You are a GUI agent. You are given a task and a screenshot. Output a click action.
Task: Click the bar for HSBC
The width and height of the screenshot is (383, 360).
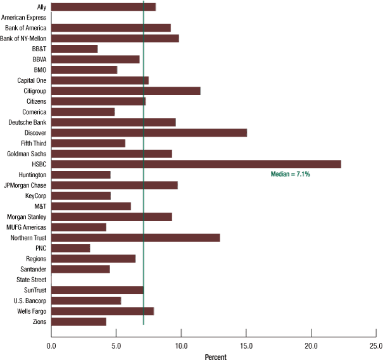click(196, 164)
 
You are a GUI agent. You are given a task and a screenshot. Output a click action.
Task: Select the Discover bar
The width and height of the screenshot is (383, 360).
click(149, 133)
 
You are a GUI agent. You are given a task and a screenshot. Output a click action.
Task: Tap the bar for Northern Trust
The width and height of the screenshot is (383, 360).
click(135, 238)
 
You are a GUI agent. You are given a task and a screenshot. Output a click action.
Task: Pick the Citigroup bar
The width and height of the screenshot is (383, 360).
click(125, 91)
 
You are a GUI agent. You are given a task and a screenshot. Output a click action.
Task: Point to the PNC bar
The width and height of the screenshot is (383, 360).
click(70, 248)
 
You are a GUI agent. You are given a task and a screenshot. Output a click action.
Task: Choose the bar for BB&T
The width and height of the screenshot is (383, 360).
click(74, 49)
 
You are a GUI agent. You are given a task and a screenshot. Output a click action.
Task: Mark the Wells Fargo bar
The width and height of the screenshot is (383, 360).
click(102, 311)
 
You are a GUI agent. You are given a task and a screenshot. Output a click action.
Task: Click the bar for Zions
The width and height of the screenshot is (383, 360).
click(78, 321)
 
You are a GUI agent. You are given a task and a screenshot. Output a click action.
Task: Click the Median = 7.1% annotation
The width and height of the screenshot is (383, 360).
click(290, 174)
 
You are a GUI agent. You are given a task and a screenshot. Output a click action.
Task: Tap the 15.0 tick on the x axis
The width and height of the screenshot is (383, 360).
click(246, 346)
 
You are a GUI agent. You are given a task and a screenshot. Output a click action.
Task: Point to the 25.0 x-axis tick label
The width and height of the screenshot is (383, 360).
click(376, 346)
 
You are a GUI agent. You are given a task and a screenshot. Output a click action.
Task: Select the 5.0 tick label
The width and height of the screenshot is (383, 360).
click(116, 346)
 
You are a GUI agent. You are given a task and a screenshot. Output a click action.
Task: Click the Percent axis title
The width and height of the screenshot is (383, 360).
click(215, 356)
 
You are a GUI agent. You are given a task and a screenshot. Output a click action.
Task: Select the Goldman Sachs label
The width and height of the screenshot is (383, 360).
click(27, 154)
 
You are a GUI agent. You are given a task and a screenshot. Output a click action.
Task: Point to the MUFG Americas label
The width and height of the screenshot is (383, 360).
click(27, 227)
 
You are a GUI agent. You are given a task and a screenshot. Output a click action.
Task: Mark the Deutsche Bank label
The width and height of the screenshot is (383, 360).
click(28, 122)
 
